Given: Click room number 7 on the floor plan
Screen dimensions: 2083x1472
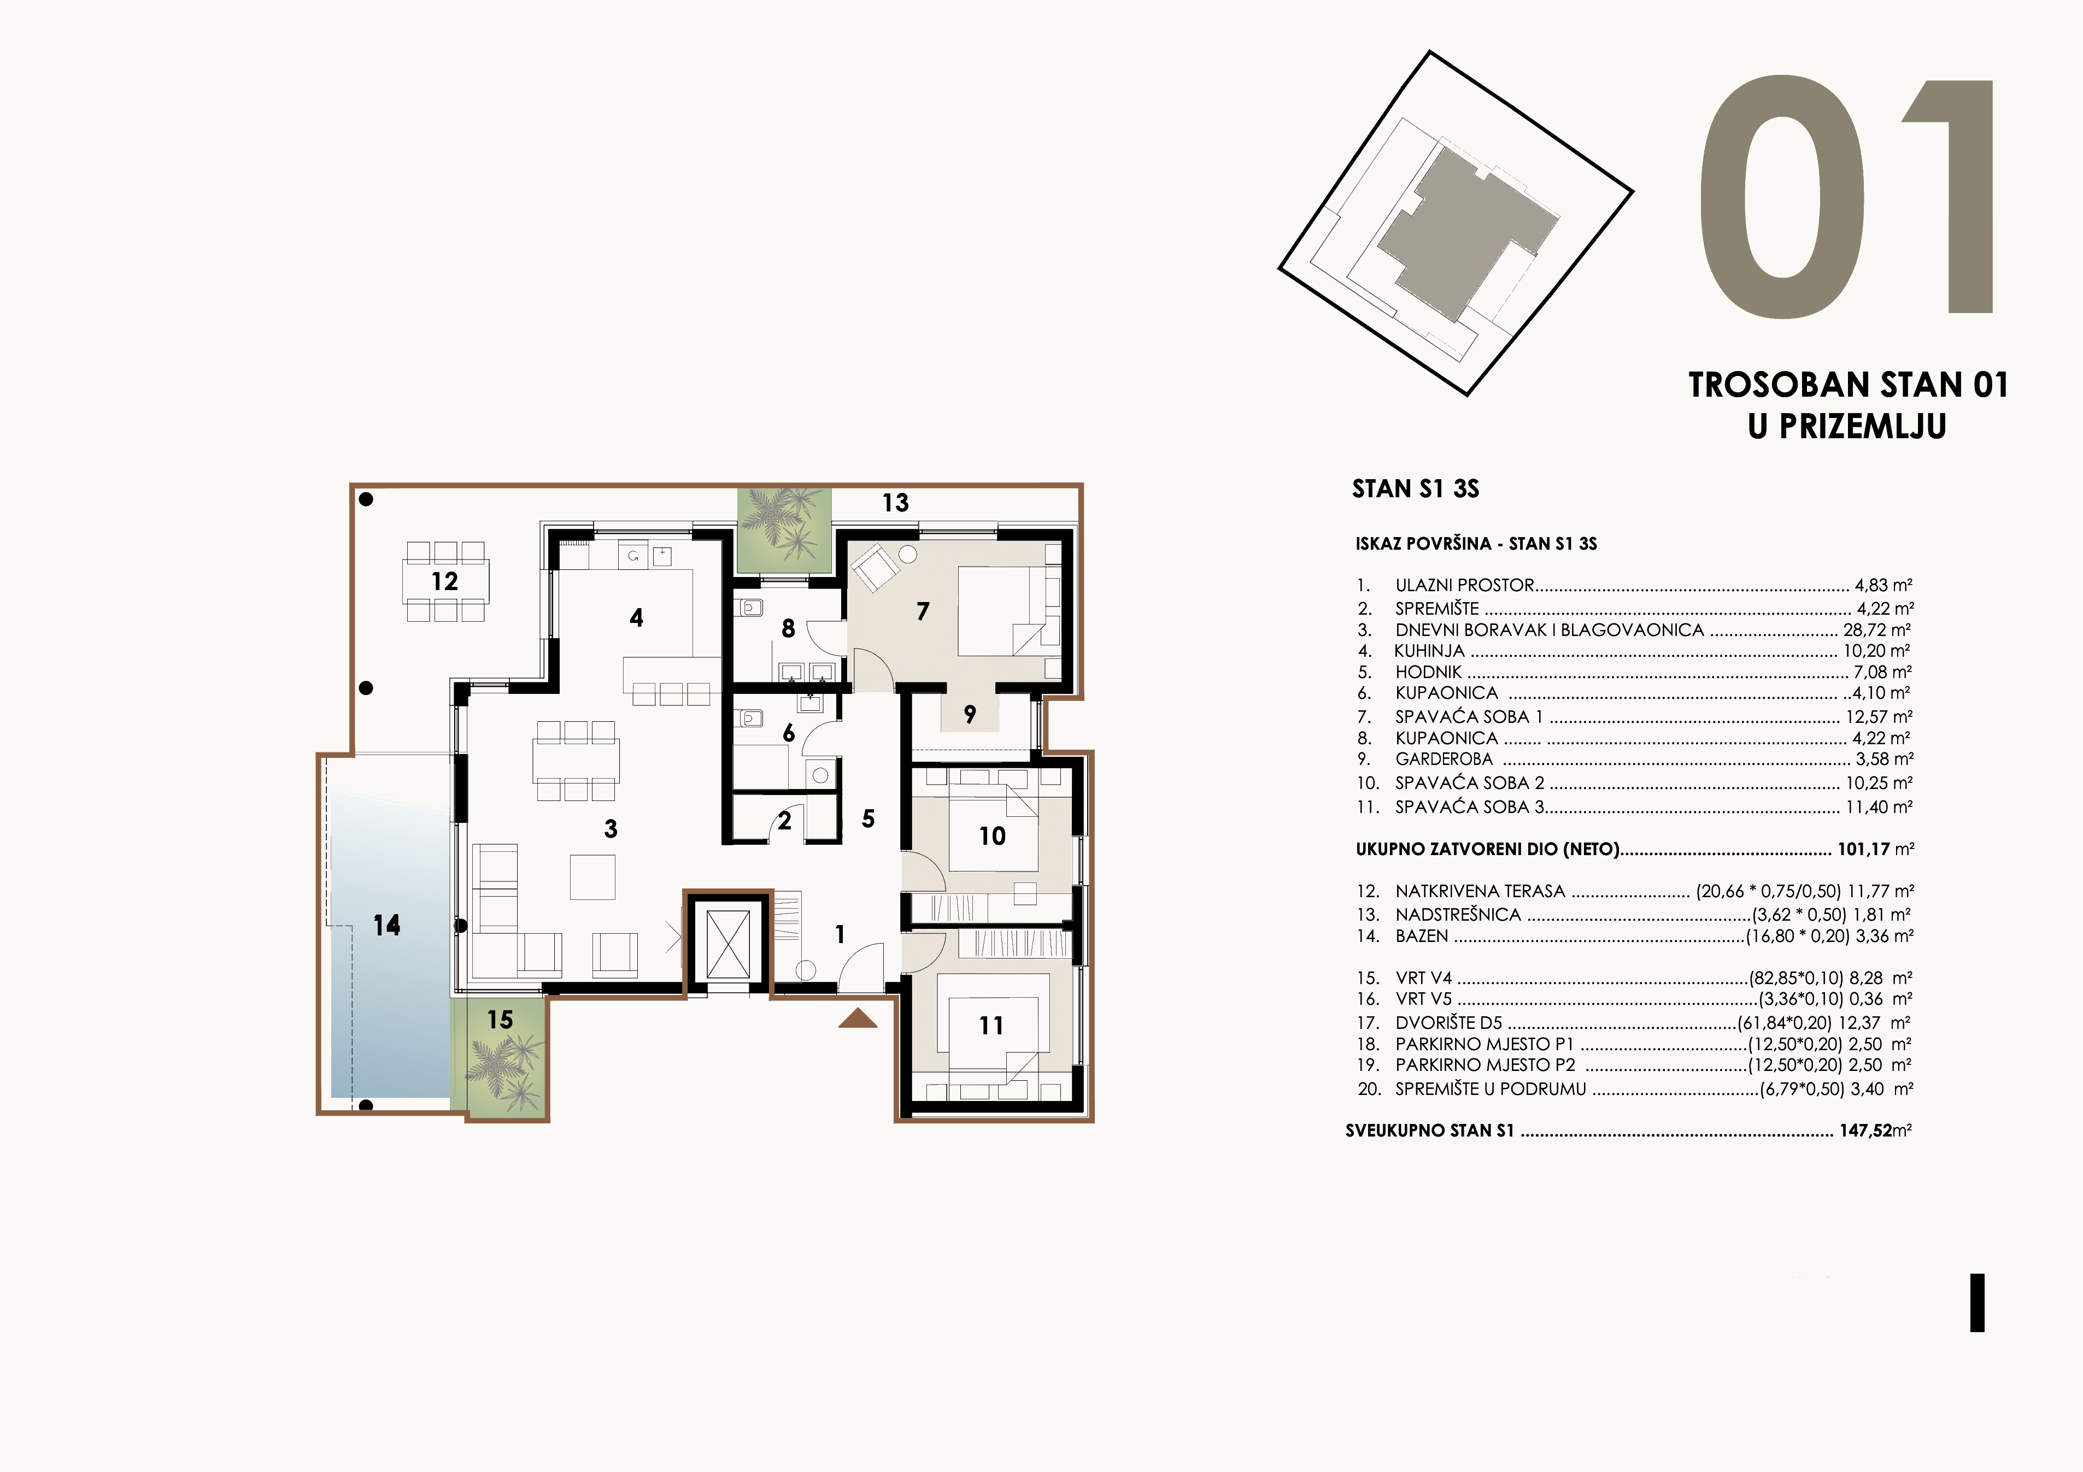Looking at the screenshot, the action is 923,611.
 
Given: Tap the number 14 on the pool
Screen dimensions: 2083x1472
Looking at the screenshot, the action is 386,925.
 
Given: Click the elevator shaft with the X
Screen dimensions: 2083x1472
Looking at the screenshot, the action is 727,944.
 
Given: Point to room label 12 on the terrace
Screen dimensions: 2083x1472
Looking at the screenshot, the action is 444,581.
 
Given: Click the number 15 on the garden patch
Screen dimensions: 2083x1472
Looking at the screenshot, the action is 500,1020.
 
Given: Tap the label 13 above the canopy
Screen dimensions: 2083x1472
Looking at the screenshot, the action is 895,503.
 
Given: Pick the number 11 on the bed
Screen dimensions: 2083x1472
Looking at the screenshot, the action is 991,1026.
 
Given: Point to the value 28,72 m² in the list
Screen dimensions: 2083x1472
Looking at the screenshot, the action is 1877,629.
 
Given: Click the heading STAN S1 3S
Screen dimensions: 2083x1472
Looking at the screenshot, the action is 1415,489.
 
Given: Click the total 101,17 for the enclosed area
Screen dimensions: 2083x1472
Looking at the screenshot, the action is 1863,850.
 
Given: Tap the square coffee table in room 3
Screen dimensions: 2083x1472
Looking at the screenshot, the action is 592,877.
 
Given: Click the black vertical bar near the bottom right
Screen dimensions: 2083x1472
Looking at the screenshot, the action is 1977,1303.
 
